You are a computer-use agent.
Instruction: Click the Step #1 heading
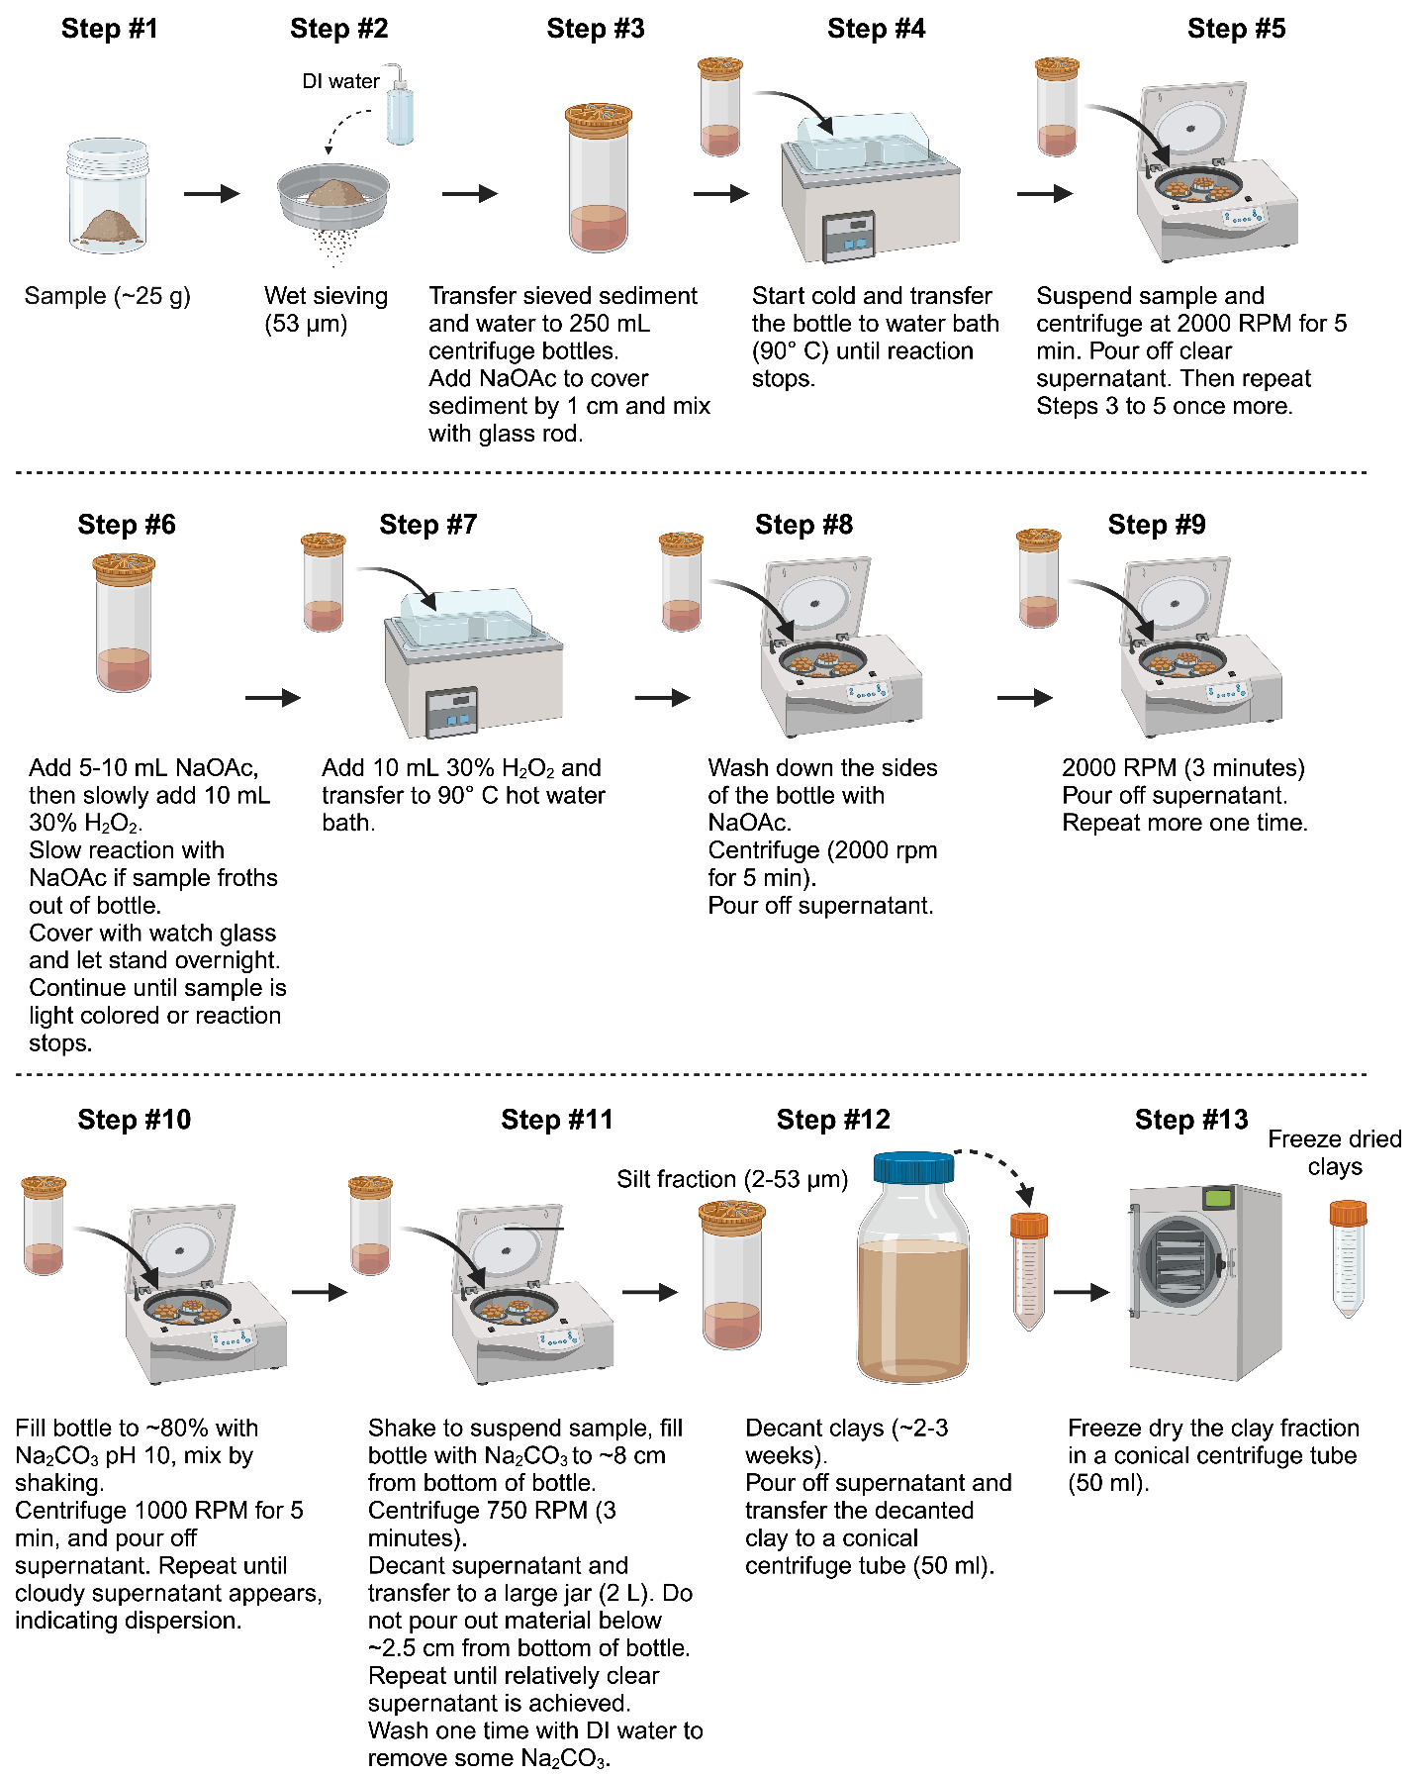[109, 29]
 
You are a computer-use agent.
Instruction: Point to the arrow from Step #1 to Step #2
[212, 193]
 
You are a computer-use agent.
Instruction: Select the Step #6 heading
[127, 525]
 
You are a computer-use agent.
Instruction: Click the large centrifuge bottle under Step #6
[125, 623]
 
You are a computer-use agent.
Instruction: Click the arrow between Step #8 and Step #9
[1024, 698]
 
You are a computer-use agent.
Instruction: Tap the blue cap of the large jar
[913, 1167]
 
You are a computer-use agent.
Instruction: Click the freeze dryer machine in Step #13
[1205, 1281]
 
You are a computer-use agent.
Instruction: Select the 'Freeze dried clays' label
[1335, 1152]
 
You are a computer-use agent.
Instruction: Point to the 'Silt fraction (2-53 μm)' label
[732, 1179]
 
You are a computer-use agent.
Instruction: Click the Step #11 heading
[557, 1120]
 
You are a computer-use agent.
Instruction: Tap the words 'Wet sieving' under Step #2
[326, 296]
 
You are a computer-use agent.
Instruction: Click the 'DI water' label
[340, 81]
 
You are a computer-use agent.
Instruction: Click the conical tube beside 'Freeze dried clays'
[1347, 1258]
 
